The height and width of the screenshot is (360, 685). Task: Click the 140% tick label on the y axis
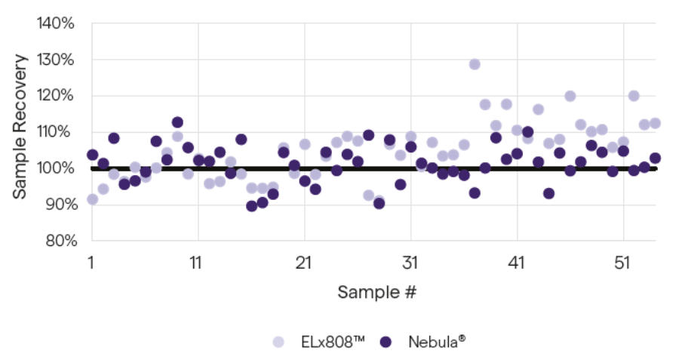[56, 23]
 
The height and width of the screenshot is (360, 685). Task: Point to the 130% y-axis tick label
[56, 60]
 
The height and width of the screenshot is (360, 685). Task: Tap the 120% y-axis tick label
[56, 96]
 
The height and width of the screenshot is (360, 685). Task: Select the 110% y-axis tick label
[56, 132]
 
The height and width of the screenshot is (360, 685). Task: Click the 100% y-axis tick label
[56, 168]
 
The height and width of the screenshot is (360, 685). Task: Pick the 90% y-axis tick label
[57, 205]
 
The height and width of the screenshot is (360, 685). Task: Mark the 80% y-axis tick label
[57, 241]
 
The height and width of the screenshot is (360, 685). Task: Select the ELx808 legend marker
[279, 341]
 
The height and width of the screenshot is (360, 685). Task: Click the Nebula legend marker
[387, 341]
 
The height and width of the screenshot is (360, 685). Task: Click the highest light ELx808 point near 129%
[475, 64]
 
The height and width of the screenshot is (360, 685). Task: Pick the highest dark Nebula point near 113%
[177, 122]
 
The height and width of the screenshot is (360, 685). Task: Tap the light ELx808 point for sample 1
[92, 199]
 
